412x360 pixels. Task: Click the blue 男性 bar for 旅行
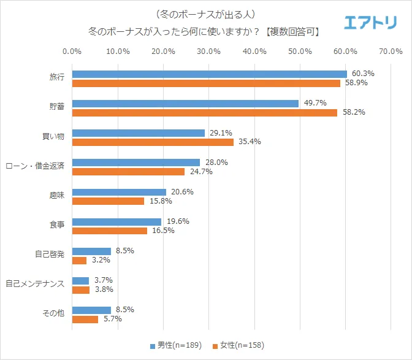coord(209,74)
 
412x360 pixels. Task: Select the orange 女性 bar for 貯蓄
coord(205,113)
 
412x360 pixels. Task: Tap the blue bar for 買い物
coord(139,133)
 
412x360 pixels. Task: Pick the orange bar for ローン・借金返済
coord(128,172)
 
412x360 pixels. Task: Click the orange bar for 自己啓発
coord(80,260)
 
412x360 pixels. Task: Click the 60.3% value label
coord(363,74)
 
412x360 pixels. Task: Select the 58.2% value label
coord(354,113)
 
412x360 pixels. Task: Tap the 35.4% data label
coord(250,142)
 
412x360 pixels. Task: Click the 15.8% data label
coord(161,201)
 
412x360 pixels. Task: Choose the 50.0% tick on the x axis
coord(300,52)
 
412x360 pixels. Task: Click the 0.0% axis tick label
coord(72,52)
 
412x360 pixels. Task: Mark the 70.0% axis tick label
coord(391,52)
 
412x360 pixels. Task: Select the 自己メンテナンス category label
coord(35,285)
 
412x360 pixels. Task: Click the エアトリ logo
coord(370,23)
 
